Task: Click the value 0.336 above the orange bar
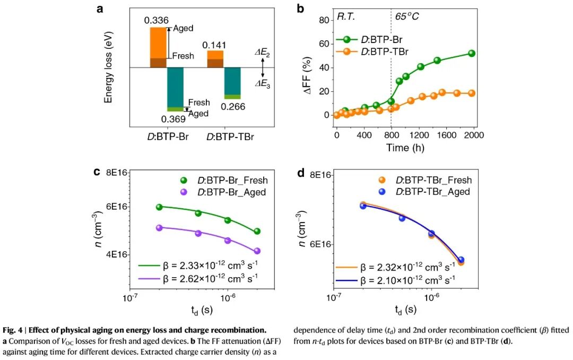coord(157,21)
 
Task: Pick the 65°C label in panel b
coord(406,16)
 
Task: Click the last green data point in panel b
coord(471,53)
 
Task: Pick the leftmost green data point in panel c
coord(159,207)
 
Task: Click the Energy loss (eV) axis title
coord(108,66)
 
